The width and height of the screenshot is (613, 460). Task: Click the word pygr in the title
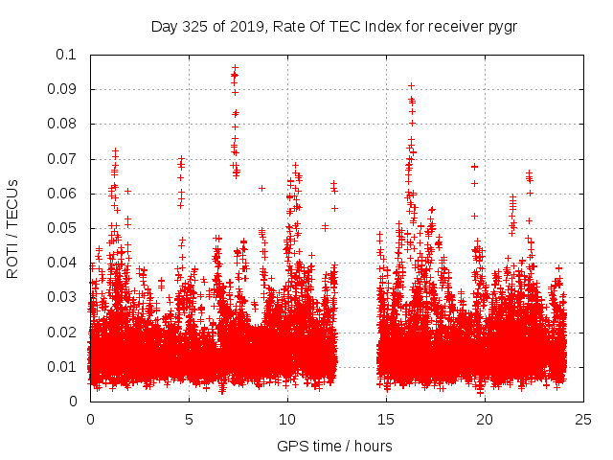pyautogui.click(x=502, y=26)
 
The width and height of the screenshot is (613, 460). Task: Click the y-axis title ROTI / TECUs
pyautogui.click(x=13, y=228)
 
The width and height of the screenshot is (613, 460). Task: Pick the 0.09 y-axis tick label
pyautogui.click(x=63, y=89)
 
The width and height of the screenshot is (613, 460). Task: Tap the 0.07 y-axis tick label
pyautogui.click(x=63, y=159)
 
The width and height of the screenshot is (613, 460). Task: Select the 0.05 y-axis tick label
pyautogui.click(x=63, y=228)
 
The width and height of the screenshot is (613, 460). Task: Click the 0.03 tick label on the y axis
pyautogui.click(x=63, y=297)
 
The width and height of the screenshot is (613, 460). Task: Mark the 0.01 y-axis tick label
pyautogui.click(x=63, y=367)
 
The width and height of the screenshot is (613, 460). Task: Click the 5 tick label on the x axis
pyautogui.click(x=189, y=419)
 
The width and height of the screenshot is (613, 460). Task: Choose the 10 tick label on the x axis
pyautogui.click(x=287, y=419)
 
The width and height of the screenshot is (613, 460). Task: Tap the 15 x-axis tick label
pyautogui.click(x=386, y=419)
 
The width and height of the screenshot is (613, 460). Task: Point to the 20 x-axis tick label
pyautogui.click(x=485, y=419)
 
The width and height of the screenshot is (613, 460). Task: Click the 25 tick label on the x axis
pyautogui.click(x=583, y=419)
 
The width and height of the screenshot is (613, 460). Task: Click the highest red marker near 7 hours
pyautogui.click(x=235, y=68)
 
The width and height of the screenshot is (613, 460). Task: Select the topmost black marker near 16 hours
pyautogui.click(x=411, y=86)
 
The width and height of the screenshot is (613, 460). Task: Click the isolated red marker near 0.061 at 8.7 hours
pyautogui.click(x=261, y=188)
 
